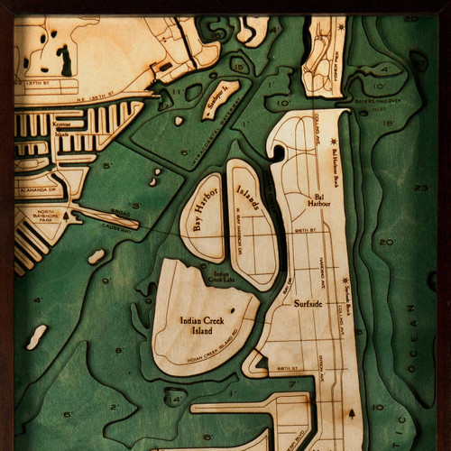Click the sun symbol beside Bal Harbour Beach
tap(335, 143)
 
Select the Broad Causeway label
tap(119, 216)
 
